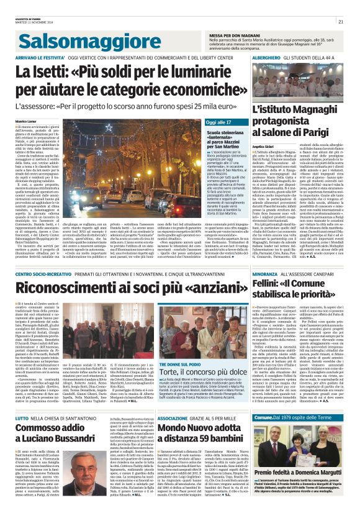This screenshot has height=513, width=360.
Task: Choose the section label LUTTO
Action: tap(24, 401)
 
